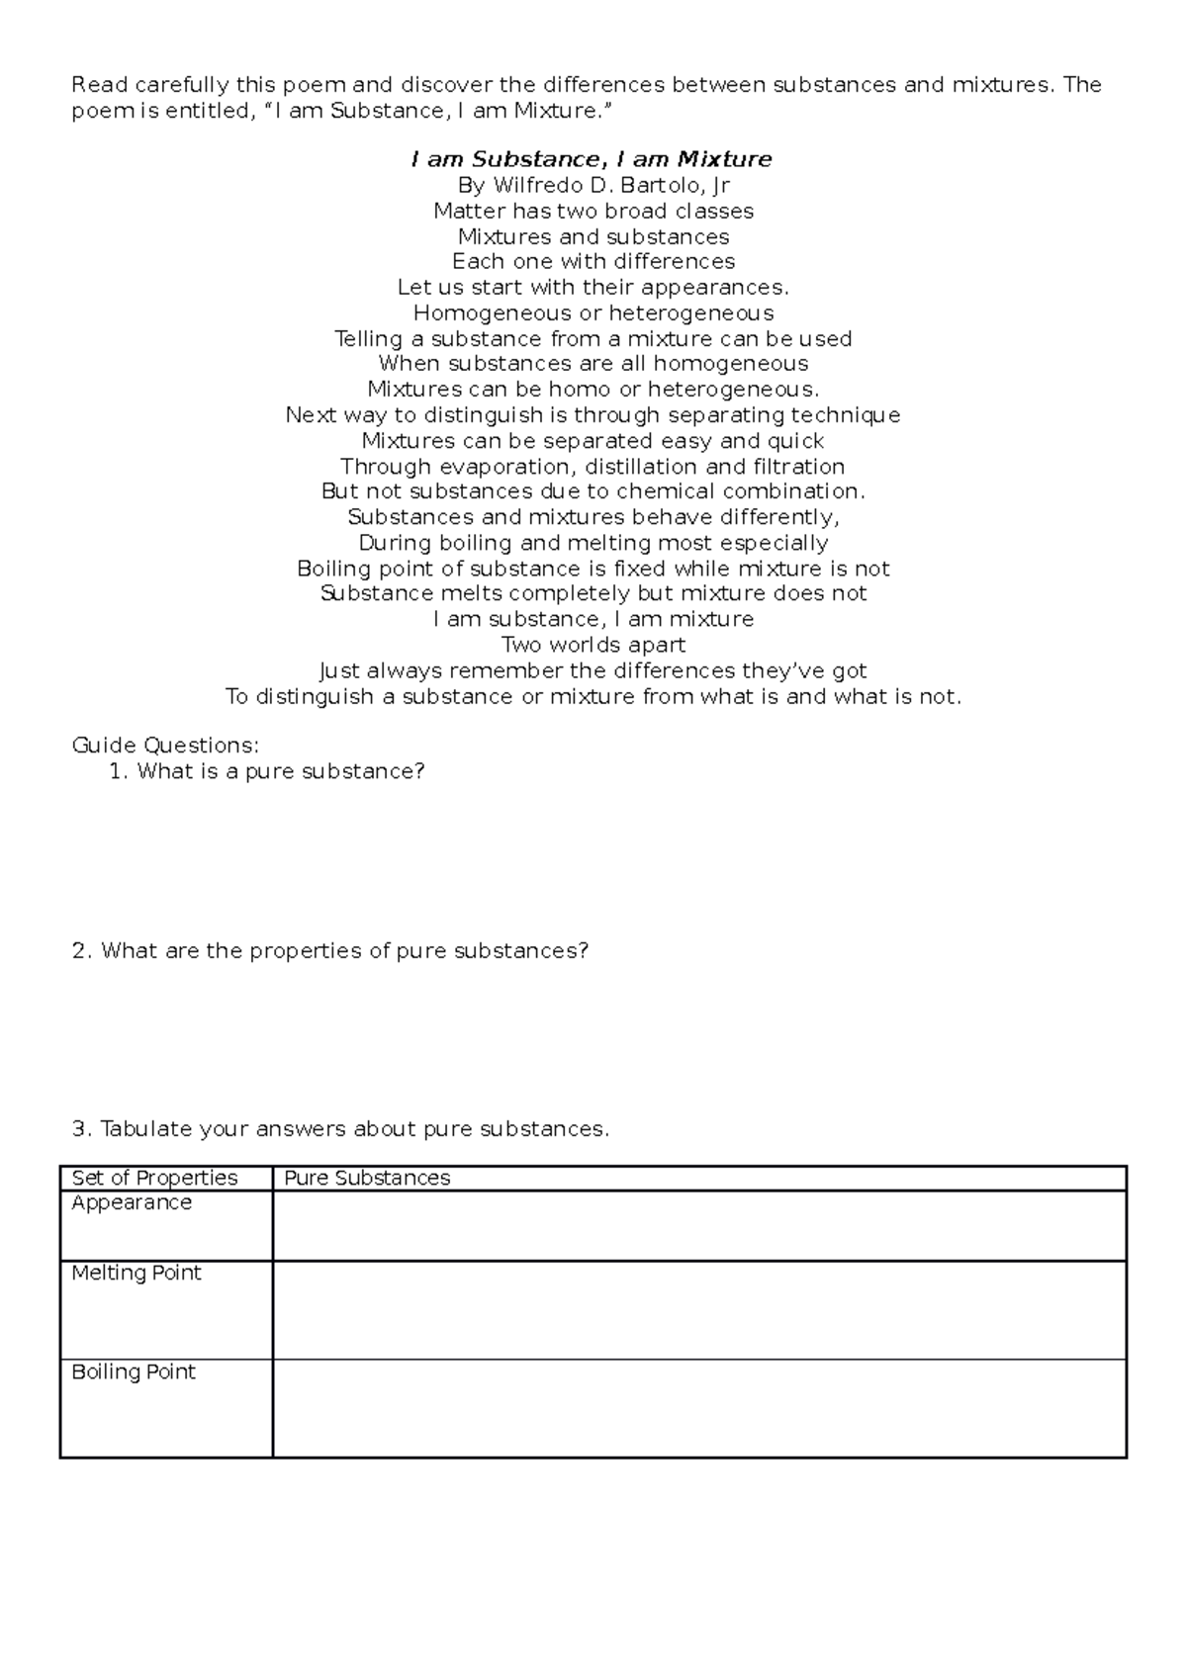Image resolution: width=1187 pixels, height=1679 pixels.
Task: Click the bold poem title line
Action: [x=592, y=159]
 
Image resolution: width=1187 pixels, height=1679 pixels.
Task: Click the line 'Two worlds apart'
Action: [x=593, y=645]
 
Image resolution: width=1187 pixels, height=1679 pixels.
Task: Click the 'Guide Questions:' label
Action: [x=165, y=745]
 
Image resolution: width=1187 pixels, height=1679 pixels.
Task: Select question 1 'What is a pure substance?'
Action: [x=280, y=770]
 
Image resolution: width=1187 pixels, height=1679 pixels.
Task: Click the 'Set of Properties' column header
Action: [x=154, y=1178]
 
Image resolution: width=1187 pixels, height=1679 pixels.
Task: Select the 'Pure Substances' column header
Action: [x=367, y=1178]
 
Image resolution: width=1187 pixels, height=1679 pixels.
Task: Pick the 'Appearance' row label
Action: [x=132, y=1202]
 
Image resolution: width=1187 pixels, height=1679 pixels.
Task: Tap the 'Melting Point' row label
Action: [x=137, y=1273]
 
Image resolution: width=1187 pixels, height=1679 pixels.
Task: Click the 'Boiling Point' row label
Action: [x=134, y=1371]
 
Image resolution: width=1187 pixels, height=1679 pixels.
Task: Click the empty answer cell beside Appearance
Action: [x=698, y=1225]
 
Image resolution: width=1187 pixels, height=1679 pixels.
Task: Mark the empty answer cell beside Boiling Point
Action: [x=698, y=1408]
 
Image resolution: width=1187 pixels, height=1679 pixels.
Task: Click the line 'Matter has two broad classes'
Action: [x=593, y=211]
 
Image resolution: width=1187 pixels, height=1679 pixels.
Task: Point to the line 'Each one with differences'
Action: [x=593, y=261]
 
